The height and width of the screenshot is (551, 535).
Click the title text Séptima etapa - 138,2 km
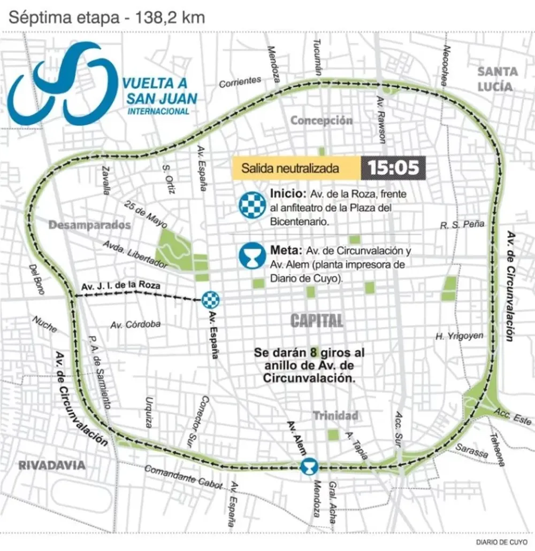tap(106, 17)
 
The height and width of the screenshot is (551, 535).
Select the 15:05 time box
tap(393, 168)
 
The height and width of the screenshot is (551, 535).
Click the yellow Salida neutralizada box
tap(296, 168)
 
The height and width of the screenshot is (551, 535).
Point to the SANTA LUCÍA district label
tap(498, 79)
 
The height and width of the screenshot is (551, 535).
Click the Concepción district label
tap(321, 121)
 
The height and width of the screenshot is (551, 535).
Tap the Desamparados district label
tap(90, 225)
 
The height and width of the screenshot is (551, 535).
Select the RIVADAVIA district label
tap(52, 465)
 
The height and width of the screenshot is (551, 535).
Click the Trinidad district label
tap(335, 415)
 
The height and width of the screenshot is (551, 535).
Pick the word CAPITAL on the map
tap(317, 321)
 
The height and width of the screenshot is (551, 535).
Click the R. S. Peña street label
tap(462, 224)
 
